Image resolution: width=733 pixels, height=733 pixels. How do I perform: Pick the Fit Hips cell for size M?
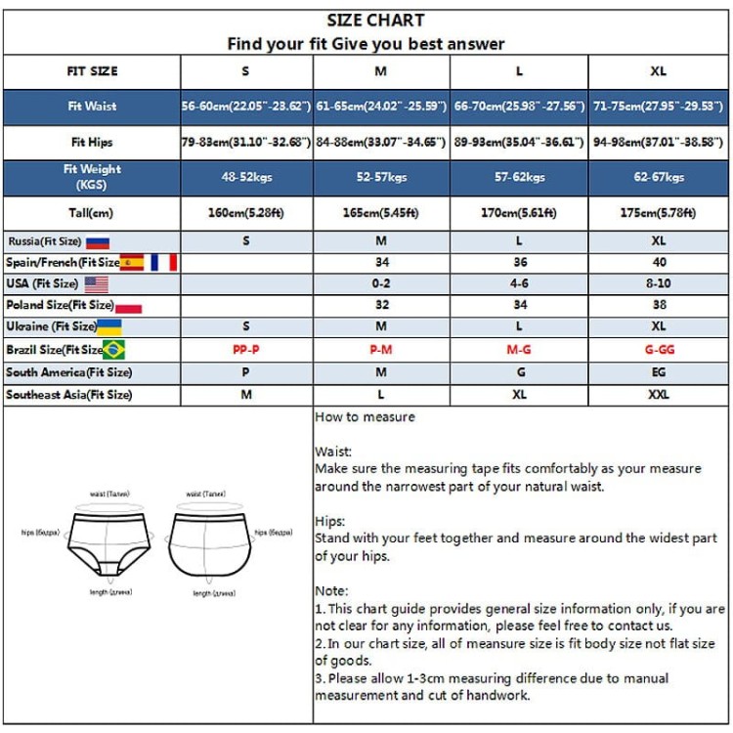(381, 143)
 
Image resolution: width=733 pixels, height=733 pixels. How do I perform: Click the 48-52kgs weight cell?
(246, 178)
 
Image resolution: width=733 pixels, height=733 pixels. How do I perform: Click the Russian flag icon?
(98, 241)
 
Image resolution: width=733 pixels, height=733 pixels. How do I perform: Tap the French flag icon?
(163, 262)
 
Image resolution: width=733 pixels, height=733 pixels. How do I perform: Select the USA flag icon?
(96, 284)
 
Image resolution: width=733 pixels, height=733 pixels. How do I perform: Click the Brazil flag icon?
(114, 350)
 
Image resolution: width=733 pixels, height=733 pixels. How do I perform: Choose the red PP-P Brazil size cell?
(246, 350)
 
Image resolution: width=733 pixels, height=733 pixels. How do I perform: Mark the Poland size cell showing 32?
(381, 305)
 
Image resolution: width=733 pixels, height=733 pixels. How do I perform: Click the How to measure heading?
(365, 417)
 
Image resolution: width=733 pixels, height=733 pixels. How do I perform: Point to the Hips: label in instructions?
(330, 522)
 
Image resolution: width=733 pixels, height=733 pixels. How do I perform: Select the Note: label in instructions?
(331, 591)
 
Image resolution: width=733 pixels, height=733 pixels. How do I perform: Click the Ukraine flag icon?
(109, 326)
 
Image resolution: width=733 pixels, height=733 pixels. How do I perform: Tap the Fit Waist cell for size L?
(519, 107)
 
